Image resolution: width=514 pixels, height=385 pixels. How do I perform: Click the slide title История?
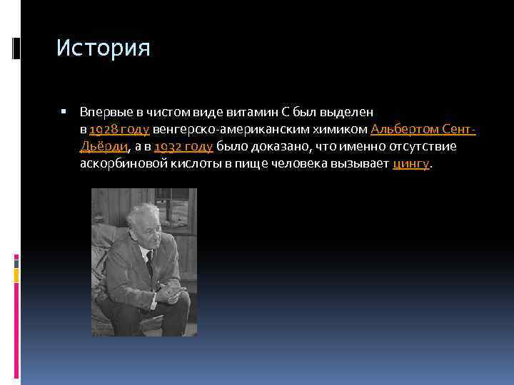pyautogui.click(x=104, y=48)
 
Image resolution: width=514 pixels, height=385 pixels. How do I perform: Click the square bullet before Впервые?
pyautogui.click(x=64, y=112)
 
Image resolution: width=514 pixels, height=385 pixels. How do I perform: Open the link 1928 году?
pyautogui.click(x=119, y=129)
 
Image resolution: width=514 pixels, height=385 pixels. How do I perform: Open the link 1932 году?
pyautogui.click(x=183, y=146)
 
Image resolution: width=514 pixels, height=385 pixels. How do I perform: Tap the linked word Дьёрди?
pyautogui.click(x=104, y=146)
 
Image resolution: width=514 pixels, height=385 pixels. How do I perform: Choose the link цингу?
pyautogui.click(x=411, y=163)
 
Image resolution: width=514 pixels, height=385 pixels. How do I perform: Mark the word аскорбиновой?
pyautogui.click(x=125, y=163)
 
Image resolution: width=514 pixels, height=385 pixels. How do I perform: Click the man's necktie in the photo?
pyautogui.click(x=150, y=262)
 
